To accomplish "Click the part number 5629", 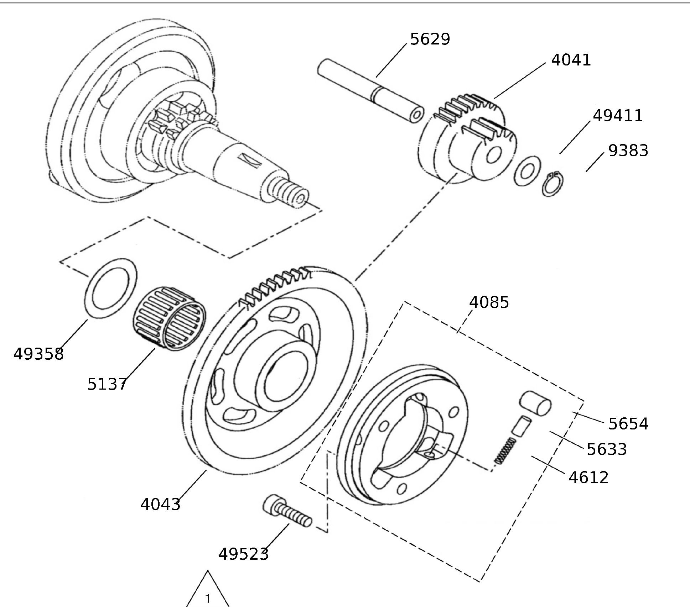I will (430, 39).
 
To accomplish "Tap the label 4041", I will (571, 60).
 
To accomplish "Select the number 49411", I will (618, 116).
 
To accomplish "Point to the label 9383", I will (628, 151).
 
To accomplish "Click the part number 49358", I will (38, 354).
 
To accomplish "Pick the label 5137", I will (107, 384).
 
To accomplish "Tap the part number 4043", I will (160, 504).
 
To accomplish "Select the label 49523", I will (243, 554).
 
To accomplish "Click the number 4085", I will (489, 302).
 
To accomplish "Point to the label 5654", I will (628, 424).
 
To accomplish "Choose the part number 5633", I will (607, 449).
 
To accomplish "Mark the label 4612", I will (588, 477).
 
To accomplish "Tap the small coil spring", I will (505, 450).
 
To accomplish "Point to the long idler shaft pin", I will (370, 92).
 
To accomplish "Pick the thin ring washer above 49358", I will (111, 288).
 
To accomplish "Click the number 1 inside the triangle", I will (208, 598).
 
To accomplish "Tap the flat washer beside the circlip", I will (527, 171).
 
